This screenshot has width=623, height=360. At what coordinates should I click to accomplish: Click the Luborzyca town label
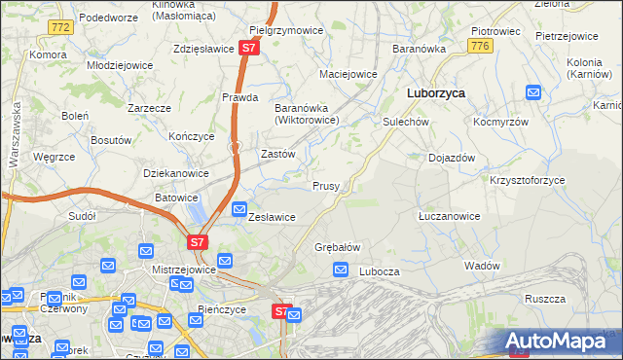[x=434, y=92]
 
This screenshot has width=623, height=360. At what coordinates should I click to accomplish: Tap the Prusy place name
[x=325, y=186]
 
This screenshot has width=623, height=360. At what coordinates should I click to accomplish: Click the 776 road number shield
[x=478, y=46]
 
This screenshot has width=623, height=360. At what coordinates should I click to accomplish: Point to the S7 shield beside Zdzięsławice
[x=250, y=47]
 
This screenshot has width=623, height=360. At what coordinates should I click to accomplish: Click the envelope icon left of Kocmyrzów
[x=533, y=92]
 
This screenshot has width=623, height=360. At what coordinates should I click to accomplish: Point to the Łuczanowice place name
[x=449, y=215]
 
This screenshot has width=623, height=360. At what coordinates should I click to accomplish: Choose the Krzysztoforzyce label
[x=528, y=181]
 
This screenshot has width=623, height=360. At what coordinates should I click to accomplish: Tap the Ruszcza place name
[x=545, y=299]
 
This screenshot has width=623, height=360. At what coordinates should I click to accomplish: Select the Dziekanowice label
[x=176, y=173]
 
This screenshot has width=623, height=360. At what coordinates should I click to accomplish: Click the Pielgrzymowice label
[x=285, y=30]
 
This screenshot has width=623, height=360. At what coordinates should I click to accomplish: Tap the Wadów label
[x=482, y=266]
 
